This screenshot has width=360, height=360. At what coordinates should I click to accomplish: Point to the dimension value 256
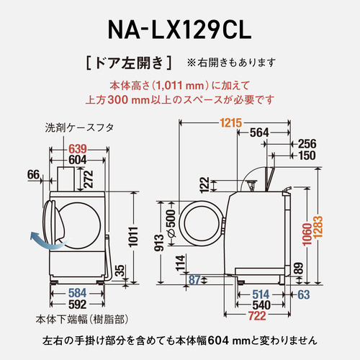[x=307, y=143]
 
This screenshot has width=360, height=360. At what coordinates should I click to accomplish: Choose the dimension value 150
[x=307, y=155]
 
